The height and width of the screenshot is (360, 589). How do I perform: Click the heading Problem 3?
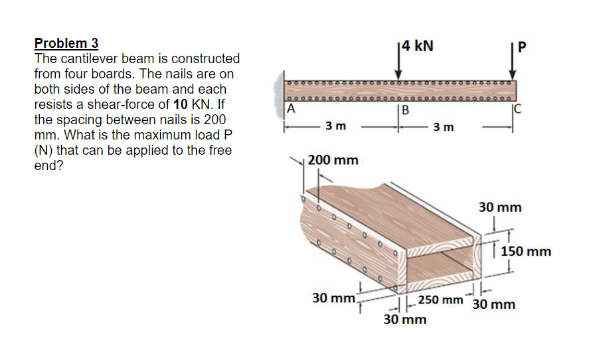(66, 43)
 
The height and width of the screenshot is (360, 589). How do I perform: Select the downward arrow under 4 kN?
(400, 66)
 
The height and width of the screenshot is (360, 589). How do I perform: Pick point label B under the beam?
(404, 110)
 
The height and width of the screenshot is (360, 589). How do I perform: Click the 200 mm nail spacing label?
(333, 160)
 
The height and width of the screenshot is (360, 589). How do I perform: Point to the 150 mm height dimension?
(527, 252)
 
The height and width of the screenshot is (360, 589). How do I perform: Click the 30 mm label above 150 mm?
(500, 207)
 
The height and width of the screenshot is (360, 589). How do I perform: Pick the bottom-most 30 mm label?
(405, 320)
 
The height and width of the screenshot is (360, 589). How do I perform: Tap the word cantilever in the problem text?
(84, 58)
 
